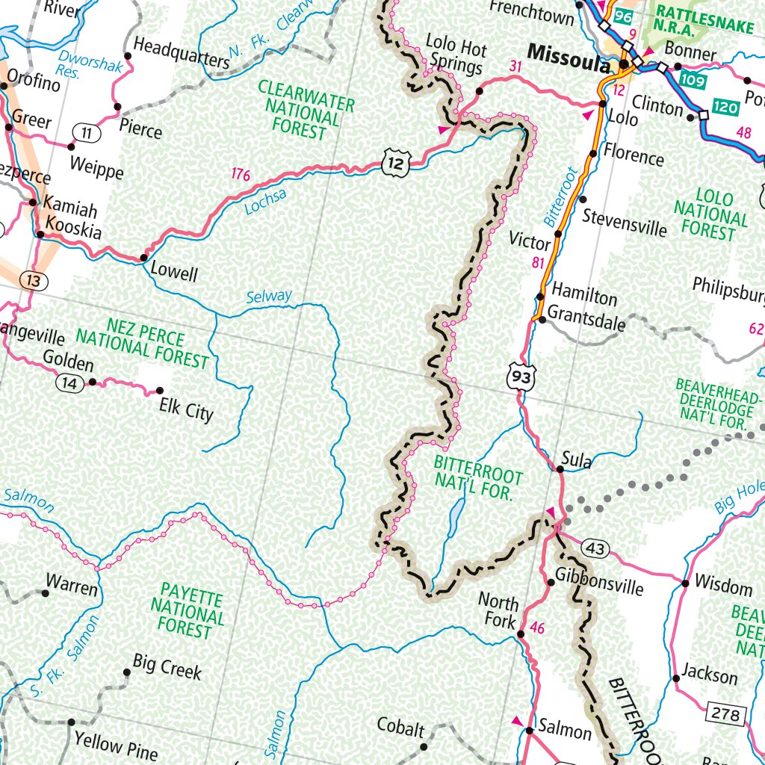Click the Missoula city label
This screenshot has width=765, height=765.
[x=568, y=55]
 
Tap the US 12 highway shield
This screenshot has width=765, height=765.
[x=395, y=162]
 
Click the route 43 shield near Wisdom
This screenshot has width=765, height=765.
[x=595, y=548]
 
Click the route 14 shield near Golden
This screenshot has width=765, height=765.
[x=69, y=382]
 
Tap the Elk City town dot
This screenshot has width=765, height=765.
[x=159, y=391]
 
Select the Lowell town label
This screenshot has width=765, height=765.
[x=174, y=273]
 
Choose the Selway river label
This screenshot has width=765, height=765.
[x=269, y=297]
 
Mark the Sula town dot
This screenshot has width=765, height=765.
[x=560, y=469]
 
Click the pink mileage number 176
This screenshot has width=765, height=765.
[x=240, y=176]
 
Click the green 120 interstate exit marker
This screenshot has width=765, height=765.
[x=725, y=108]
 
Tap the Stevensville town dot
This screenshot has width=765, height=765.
[x=583, y=199]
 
